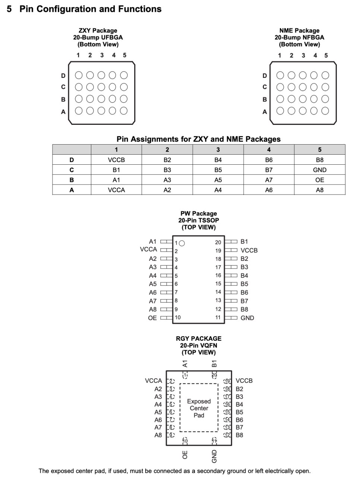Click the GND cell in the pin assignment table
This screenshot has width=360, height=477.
click(x=319, y=170)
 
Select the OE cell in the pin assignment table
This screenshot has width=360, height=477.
click(x=319, y=180)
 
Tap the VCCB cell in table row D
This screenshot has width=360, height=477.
click(x=116, y=160)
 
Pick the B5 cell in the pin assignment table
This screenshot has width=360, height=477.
click(x=218, y=170)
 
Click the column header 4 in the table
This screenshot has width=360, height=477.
click(x=269, y=150)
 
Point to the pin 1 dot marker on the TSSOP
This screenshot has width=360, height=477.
click(x=182, y=243)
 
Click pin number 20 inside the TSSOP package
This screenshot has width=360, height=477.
click(x=218, y=242)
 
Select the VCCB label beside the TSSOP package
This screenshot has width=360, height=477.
click(x=249, y=250)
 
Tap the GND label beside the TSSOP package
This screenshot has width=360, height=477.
click(x=247, y=318)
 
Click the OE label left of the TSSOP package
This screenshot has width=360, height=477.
click(x=152, y=318)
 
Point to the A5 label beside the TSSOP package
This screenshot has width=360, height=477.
click(x=153, y=284)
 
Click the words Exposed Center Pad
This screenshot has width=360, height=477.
click(x=199, y=408)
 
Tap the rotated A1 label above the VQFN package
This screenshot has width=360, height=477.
click(x=185, y=364)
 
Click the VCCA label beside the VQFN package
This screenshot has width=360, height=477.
click(x=154, y=381)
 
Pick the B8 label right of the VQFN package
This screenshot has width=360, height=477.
click(x=239, y=435)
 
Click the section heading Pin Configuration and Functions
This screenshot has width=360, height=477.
click(x=91, y=9)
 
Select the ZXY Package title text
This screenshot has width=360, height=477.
click(x=98, y=31)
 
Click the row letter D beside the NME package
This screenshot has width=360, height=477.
click(x=265, y=76)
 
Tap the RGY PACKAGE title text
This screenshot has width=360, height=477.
click(x=199, y=338)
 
